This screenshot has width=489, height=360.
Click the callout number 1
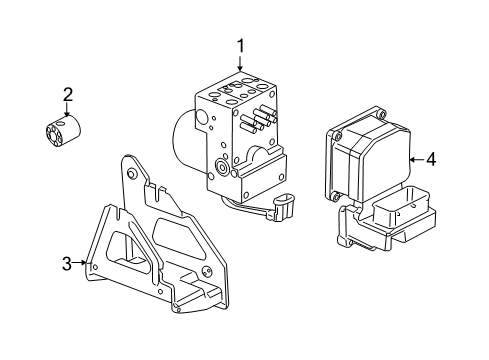[240, 45]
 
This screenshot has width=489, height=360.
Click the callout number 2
[68, 95]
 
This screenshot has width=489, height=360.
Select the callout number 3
[66, 263]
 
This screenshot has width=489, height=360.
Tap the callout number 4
[430, 158]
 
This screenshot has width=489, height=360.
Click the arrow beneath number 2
[68, 111]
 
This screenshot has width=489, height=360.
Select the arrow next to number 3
[83, 264]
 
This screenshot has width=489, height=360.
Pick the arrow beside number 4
[413, 158]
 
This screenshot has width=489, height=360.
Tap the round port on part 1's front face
[220, 166]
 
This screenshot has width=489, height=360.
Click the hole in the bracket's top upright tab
[129, 174]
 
